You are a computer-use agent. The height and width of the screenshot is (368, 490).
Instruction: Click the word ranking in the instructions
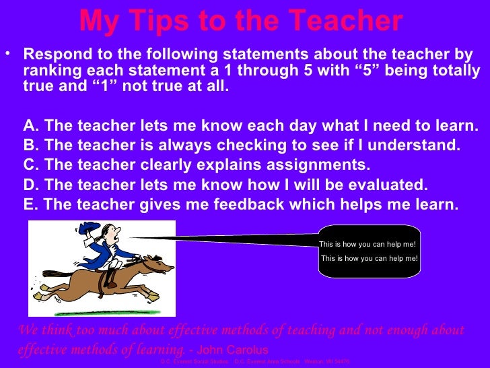(53, 71)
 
